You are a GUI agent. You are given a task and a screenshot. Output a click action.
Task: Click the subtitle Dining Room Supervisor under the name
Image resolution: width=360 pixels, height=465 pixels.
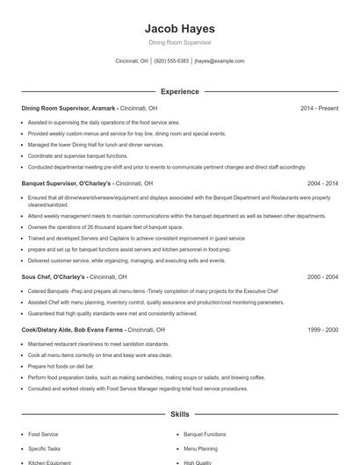(x=179, y=42)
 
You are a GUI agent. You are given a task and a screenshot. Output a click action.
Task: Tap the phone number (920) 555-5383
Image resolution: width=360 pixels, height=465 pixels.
(x=171, y=61)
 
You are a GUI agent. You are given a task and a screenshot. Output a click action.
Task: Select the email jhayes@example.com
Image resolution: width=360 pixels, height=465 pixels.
(x=220, y=61)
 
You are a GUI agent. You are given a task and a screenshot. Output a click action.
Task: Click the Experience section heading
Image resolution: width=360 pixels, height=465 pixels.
(x=179, y=91)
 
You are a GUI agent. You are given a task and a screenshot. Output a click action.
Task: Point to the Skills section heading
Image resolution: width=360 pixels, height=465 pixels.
(x=179, y=413)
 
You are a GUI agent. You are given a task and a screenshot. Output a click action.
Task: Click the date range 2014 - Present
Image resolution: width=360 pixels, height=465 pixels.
(x=319, y=109)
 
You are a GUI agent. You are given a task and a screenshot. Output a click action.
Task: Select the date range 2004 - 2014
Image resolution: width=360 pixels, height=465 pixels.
(x=322, y=184)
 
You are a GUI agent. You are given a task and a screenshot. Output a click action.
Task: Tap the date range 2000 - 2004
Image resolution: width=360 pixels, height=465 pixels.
(x=322, y=277)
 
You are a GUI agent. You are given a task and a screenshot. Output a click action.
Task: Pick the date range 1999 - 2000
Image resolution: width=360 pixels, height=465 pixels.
(x=322, y=329)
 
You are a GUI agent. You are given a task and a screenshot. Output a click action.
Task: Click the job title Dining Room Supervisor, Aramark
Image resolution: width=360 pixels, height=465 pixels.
(x=68, y=109)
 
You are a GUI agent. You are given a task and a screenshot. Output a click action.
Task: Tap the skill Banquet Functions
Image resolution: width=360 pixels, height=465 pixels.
(x=205, y=434)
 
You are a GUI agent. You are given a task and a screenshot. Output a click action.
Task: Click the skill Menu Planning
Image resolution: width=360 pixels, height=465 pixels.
(x=201, y=448)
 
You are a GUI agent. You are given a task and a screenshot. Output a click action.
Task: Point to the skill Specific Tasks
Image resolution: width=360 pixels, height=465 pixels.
(x=45, y=448)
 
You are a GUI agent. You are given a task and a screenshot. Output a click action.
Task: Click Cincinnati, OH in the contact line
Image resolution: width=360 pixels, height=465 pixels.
(x=132, y=61)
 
